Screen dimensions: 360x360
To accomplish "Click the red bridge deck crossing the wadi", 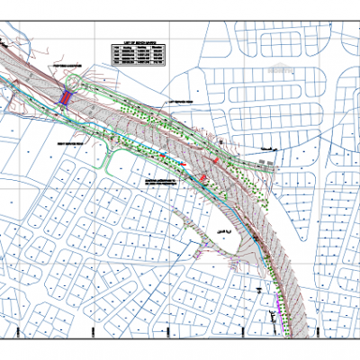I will click(x=66, y=95).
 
